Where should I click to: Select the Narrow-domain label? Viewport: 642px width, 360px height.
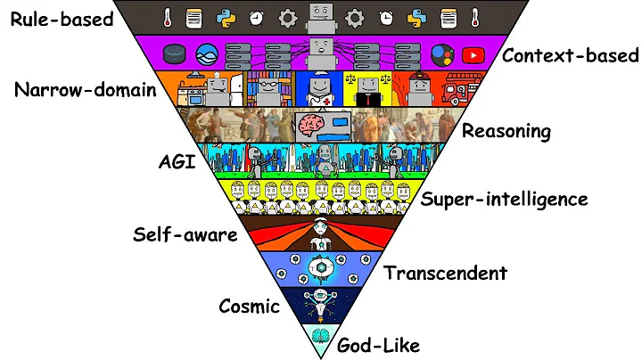tap(86, 91)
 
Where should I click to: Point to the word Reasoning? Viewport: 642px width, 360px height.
tap(506, 131)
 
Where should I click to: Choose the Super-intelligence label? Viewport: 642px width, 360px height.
tap(504, 198)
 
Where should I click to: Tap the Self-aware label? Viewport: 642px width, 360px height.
tap(185, 235)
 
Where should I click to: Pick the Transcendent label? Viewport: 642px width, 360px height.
tap(446, 273)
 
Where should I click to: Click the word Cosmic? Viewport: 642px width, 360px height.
tap(250, 307)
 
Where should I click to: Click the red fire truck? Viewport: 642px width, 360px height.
tap(462, 89)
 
